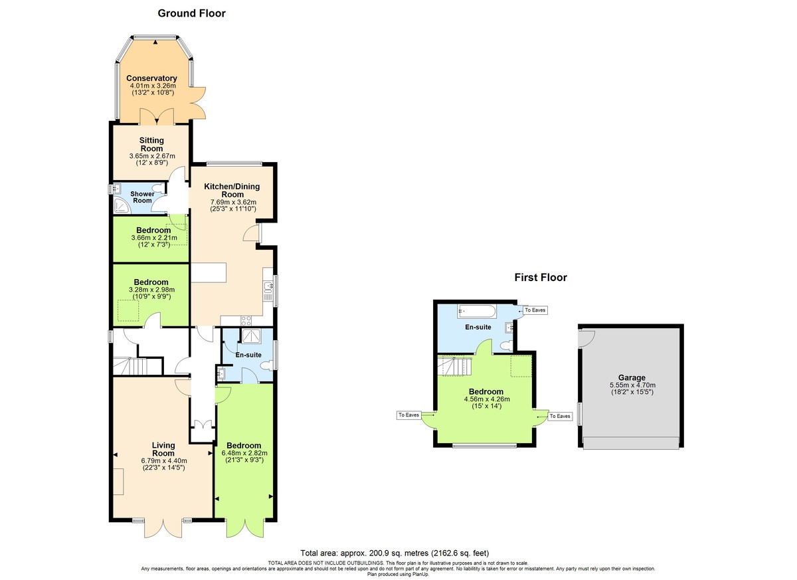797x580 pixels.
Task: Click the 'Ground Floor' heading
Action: [191, 13]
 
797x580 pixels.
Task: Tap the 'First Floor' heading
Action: [541, 278]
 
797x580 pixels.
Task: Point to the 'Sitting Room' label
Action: [151, 144]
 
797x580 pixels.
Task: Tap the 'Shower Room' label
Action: [143, 197]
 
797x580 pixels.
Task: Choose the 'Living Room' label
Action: [163, 449]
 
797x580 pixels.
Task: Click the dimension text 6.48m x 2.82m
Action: [244, 453]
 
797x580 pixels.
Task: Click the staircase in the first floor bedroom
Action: [454, 366]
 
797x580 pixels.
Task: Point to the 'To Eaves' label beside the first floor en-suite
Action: [535, 310]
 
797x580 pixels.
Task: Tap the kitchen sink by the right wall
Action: [268, 288]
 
